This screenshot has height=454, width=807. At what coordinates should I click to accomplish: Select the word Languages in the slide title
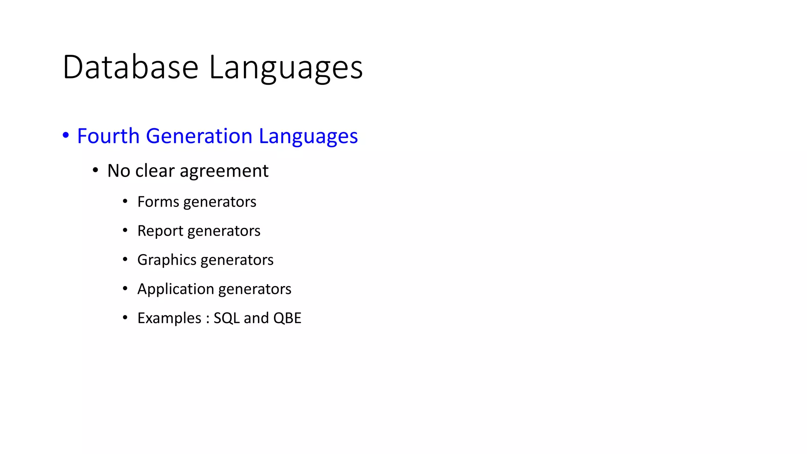click(x=286, y=68)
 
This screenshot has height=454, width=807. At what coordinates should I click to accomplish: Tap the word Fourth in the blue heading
click(x=108, y=136)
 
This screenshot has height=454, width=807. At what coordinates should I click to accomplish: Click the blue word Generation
click(x=199, y=136)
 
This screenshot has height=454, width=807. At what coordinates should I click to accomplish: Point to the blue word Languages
click(x=308, y=137)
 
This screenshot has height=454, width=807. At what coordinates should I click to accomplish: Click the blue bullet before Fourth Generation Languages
click(x=66, y=136)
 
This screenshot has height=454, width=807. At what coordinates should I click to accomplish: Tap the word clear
click(x=155, y=171)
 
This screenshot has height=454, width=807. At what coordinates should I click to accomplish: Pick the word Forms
click(x=158, y=202)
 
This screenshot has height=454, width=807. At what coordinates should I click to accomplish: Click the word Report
click(x=160, y=231)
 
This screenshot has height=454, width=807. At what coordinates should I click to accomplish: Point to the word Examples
click(x=169, y=318)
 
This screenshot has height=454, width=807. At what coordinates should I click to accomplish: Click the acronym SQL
click(x=227, y=318)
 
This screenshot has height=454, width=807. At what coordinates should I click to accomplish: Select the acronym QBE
click(x=287, y=318)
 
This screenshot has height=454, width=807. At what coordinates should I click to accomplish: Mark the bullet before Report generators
click(x=125, y=230)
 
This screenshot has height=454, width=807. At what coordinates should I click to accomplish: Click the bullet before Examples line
click(x=125, y=317)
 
